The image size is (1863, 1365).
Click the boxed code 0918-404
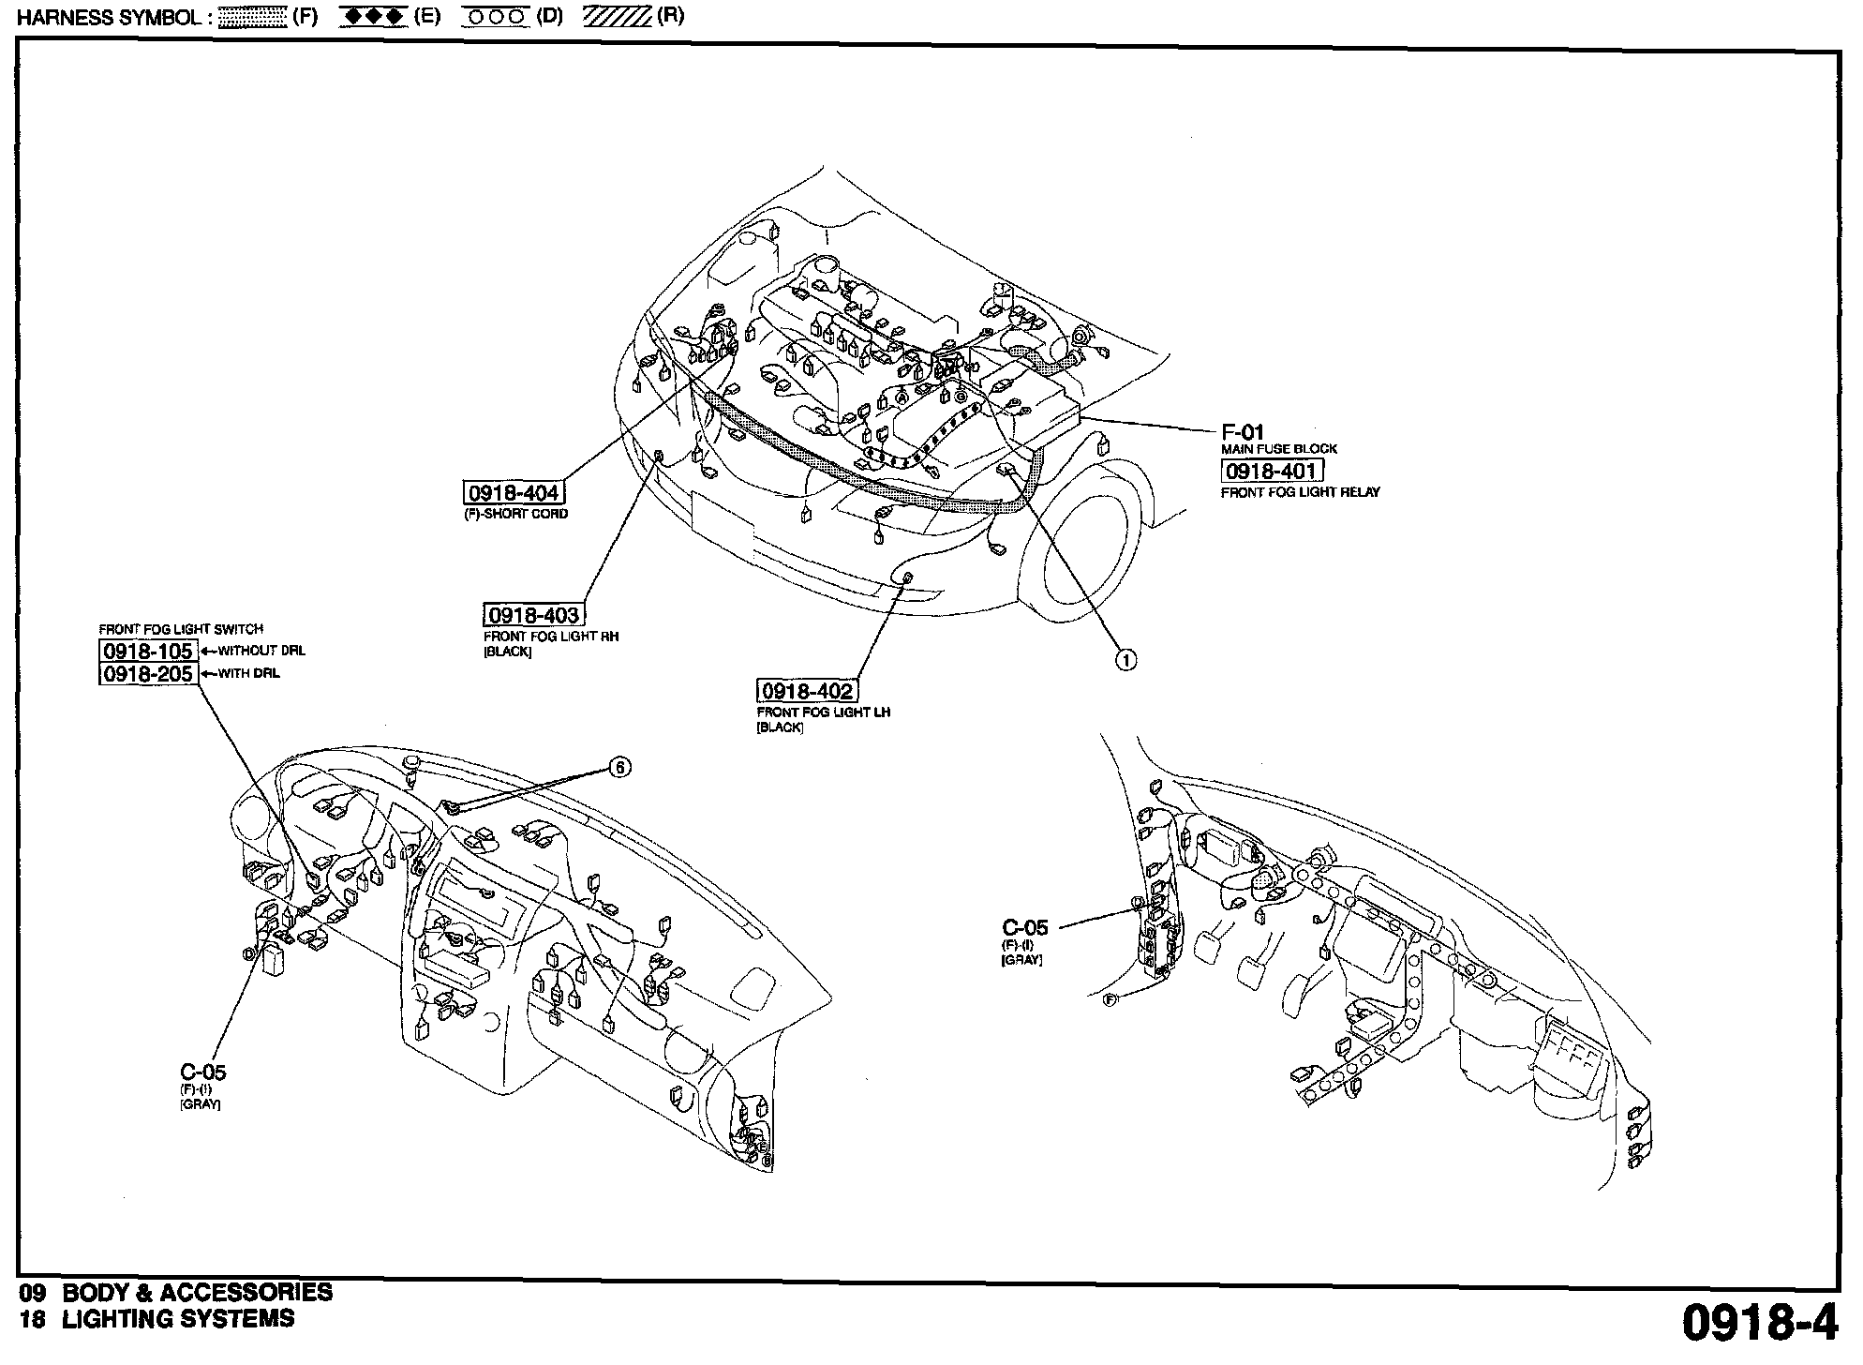click(514, 494)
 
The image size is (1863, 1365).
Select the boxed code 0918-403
click(533, 615)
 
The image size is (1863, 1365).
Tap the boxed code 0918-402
click(807, 692)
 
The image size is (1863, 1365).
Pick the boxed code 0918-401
click(1272, 471)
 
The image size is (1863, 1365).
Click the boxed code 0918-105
click(148, 651)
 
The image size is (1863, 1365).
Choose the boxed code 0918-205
click(148, 674)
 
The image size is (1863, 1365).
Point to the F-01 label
click(1243, 432)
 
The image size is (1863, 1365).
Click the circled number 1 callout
click(1125, 660)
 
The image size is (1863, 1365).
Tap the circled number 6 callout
click(619, 768)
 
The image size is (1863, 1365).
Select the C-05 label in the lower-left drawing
click(202, 1072)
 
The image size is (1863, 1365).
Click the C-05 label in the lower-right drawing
click(1024, 928)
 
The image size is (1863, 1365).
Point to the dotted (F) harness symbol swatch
click(251, 18)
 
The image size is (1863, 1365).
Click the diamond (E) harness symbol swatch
click(374, 17)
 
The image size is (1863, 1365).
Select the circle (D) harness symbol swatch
click(498, 17)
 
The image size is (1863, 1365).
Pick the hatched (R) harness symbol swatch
click(617, 17)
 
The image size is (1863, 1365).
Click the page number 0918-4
click(1758, 1324)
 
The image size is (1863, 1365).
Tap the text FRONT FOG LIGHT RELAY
click(1300, 492)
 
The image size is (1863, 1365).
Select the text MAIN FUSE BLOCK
click(1278, 449)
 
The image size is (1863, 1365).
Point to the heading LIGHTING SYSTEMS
click(178, 1319)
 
